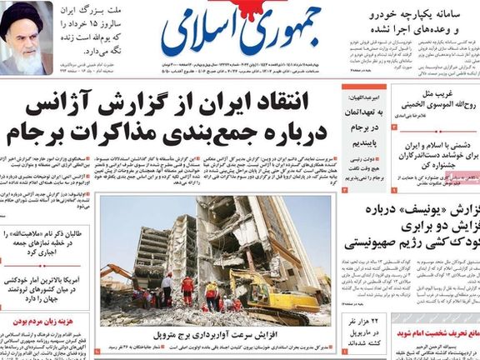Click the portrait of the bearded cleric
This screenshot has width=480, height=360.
(27, 40)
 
